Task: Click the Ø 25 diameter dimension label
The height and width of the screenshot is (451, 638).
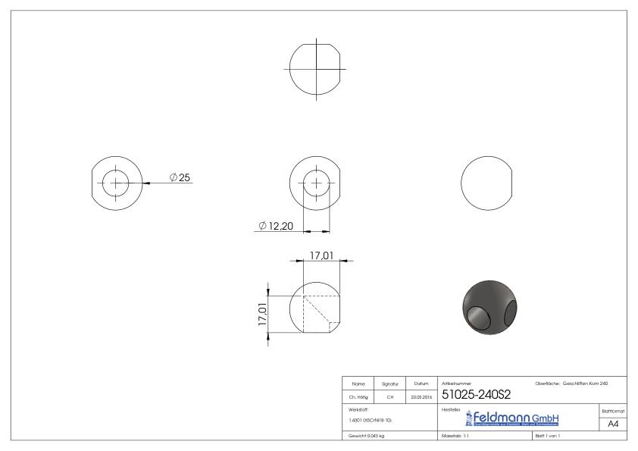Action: (180, 177)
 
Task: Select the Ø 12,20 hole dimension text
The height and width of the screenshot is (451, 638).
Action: (276, 226)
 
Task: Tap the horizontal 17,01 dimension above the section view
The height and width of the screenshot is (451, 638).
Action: (322, 256)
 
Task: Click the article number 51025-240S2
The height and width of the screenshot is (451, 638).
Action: (476, 394)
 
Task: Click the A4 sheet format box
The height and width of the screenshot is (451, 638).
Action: (615, 424)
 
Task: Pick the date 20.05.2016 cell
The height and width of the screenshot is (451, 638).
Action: (420, 395)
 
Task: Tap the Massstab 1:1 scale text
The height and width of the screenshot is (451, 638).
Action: (457, 437)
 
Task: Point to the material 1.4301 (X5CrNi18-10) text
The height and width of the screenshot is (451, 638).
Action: (371, 419)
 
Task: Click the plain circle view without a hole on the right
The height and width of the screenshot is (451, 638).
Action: (486, 183)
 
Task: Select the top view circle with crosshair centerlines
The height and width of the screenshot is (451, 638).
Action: (316, 67)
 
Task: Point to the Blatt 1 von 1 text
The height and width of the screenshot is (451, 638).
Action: (550, 437)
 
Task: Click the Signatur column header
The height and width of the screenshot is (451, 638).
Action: (391, 384)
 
